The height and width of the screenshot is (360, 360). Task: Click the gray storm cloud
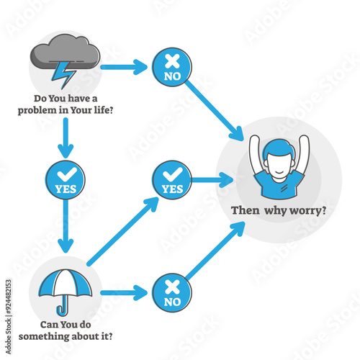(x=65, y=54)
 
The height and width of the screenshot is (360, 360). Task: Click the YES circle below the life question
(x=66, y=180)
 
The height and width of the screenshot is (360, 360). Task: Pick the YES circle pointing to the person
(x=171, y=180)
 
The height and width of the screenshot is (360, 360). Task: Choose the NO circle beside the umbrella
(x=171, y=293)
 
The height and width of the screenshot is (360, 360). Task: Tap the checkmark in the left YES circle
(x=66, y=174)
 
